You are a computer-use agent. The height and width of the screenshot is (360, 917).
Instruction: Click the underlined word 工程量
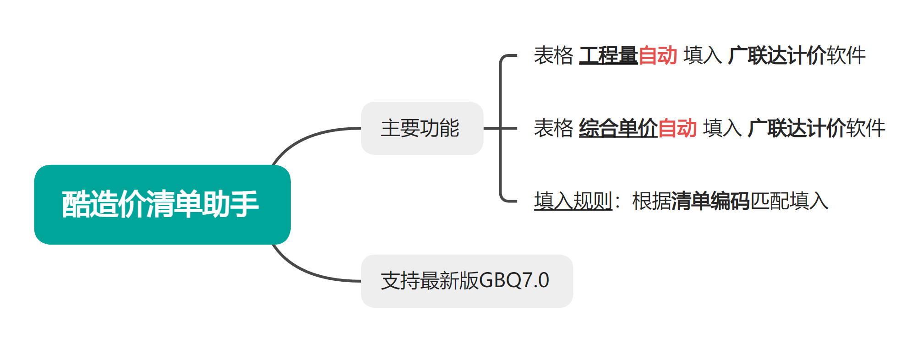click(x=608, y=56)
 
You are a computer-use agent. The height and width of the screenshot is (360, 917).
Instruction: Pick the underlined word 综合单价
click(x=618, y=128)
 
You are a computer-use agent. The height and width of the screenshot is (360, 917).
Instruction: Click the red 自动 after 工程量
click(x=658, y=56)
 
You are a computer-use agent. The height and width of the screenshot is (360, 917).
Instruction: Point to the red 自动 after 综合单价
click(x=677, y=128)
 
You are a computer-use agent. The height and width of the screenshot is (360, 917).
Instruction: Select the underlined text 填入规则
click(x=573, y=201)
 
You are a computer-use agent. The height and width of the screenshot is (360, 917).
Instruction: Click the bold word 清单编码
click(x=710, y=201)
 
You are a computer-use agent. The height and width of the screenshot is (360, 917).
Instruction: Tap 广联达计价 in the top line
click(x=777, y=56)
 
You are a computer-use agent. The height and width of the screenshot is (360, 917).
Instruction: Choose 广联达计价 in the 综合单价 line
click(x=797, y=128)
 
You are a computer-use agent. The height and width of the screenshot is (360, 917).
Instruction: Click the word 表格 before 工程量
click(x=553, y=56)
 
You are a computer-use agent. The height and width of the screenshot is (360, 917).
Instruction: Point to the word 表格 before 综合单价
click(x=553, y=128)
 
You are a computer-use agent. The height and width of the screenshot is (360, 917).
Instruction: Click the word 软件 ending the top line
click(x=846, y=56)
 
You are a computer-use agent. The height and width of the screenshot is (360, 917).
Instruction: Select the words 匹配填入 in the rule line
click(x=789, y=201)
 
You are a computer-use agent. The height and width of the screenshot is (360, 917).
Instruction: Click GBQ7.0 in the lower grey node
click(x=514, y=281)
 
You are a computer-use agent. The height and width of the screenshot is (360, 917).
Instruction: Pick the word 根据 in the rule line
click(x=651, y=201)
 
